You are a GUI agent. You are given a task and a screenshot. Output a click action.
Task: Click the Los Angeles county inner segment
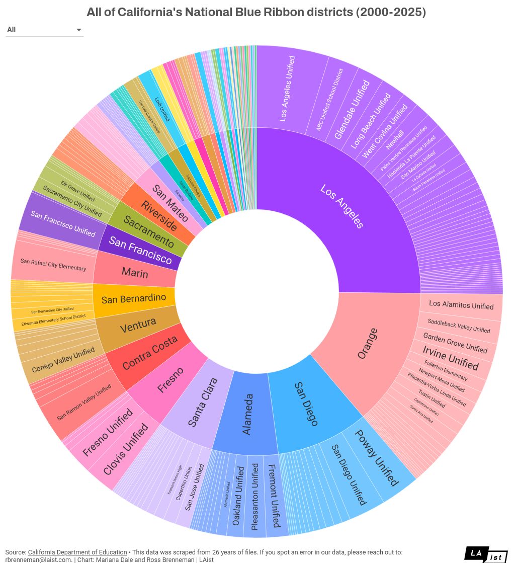(x=342, y=206)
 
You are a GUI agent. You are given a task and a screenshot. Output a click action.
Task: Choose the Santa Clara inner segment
(x=202, y=403)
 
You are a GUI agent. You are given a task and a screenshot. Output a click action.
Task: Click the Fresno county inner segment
(x=170, y=380)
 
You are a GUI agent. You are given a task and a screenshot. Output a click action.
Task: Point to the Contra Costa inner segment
(x=150, y=353)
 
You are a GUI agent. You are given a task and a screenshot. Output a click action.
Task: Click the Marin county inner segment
(x=135, y=273)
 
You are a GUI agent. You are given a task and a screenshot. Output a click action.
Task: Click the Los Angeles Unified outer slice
(x=287, y=89)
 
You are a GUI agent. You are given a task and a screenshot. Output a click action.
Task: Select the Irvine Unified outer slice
(x=450, y=358)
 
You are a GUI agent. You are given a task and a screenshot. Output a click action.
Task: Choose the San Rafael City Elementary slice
(x=53, y=264)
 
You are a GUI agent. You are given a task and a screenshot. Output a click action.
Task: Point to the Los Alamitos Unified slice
(x=461, y=305)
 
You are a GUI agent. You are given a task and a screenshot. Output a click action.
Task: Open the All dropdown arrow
(x=78, y=30)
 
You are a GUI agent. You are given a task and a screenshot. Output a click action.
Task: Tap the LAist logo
(x=485, y=554)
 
